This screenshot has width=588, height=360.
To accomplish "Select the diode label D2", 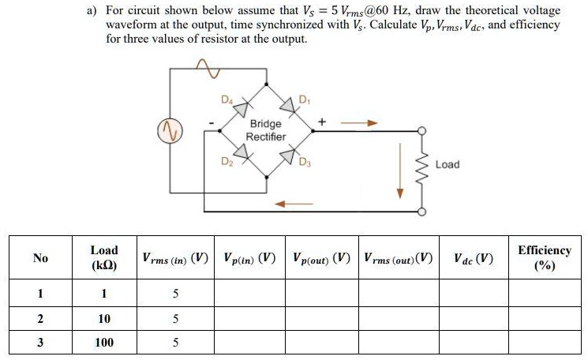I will [x=227, y=162].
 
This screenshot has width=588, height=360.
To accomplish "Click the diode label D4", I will [x=227, y=99].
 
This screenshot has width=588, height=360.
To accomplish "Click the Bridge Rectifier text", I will [x=265, y=130].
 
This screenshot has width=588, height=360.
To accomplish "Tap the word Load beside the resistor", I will [x=447, y=164].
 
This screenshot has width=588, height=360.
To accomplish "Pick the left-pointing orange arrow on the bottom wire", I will [x=287, y=203].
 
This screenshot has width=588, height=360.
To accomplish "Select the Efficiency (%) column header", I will [x=544, y=257].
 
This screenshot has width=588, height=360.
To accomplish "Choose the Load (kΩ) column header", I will [x=104, y=257].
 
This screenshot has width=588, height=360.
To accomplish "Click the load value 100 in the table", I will [x=104, y=343].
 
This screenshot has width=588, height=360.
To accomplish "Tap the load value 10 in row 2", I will [x=104, y=319].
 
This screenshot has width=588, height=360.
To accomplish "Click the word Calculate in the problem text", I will [x=393, y=24].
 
